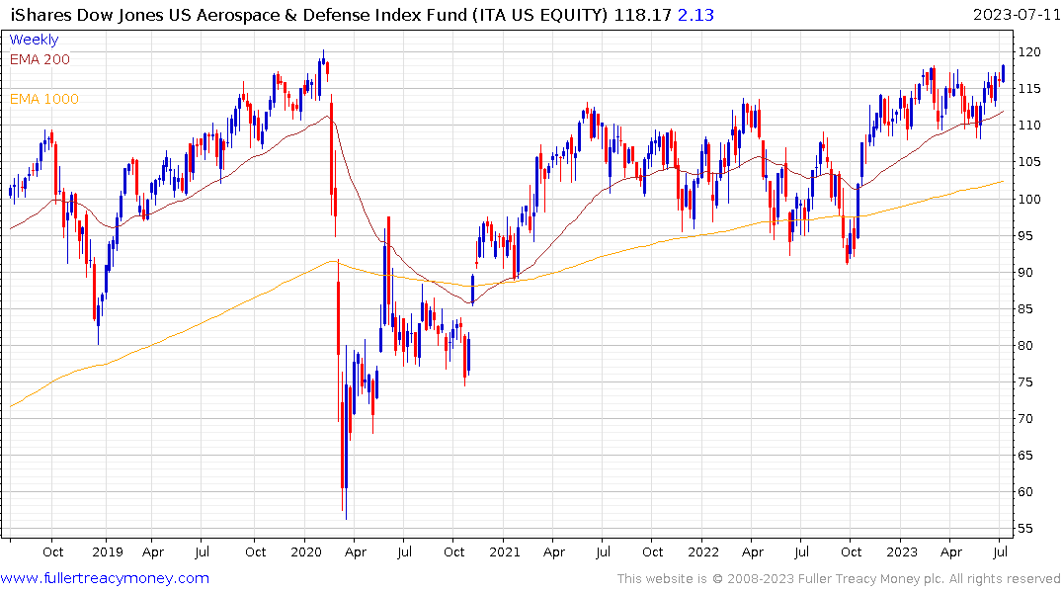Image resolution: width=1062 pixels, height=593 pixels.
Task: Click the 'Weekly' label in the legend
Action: pos(34,40)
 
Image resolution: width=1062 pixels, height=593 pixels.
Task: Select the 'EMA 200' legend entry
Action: pos(40,59)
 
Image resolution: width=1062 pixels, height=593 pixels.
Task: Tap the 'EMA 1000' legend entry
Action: pos(43,99)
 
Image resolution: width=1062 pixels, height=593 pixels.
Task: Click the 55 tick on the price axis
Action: pos(1028,529)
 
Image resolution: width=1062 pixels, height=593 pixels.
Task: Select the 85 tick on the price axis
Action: pos(1028,308)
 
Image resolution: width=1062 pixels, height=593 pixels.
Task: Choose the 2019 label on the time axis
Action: pos(107,551)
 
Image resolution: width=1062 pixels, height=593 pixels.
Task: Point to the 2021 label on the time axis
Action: pos(505,551)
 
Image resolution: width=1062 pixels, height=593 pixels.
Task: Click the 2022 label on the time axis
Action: pos(703,551)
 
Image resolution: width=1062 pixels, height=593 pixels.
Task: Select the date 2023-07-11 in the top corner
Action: pos(1016,15)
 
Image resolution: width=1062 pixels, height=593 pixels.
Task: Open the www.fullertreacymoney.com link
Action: pos(105,578)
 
